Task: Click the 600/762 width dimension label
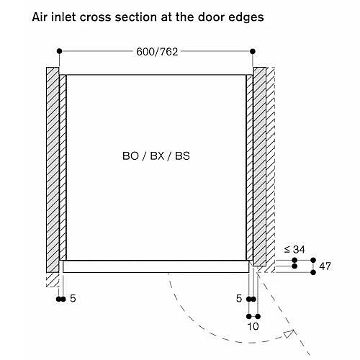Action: [x=157, y=52]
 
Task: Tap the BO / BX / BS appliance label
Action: [x=156, y=156]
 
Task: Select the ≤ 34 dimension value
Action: [x=294, y=250]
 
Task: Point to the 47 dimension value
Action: [x=325, y=266]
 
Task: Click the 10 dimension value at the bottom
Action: [x=253, y=326]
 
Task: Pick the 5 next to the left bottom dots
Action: [x=73, y=299]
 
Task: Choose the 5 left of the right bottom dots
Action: [x=239, y=299]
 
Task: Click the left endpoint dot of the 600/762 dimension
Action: [x=59, y=51]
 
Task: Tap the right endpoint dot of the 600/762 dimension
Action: [x=253, y=51]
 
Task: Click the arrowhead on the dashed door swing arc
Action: [x=289, y=333]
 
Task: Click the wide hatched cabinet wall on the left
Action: [x=53, y=170]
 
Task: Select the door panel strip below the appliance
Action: [x=156, y=266]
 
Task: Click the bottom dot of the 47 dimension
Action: [x=313, y=272]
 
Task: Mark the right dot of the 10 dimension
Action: [x=258, y=316]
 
